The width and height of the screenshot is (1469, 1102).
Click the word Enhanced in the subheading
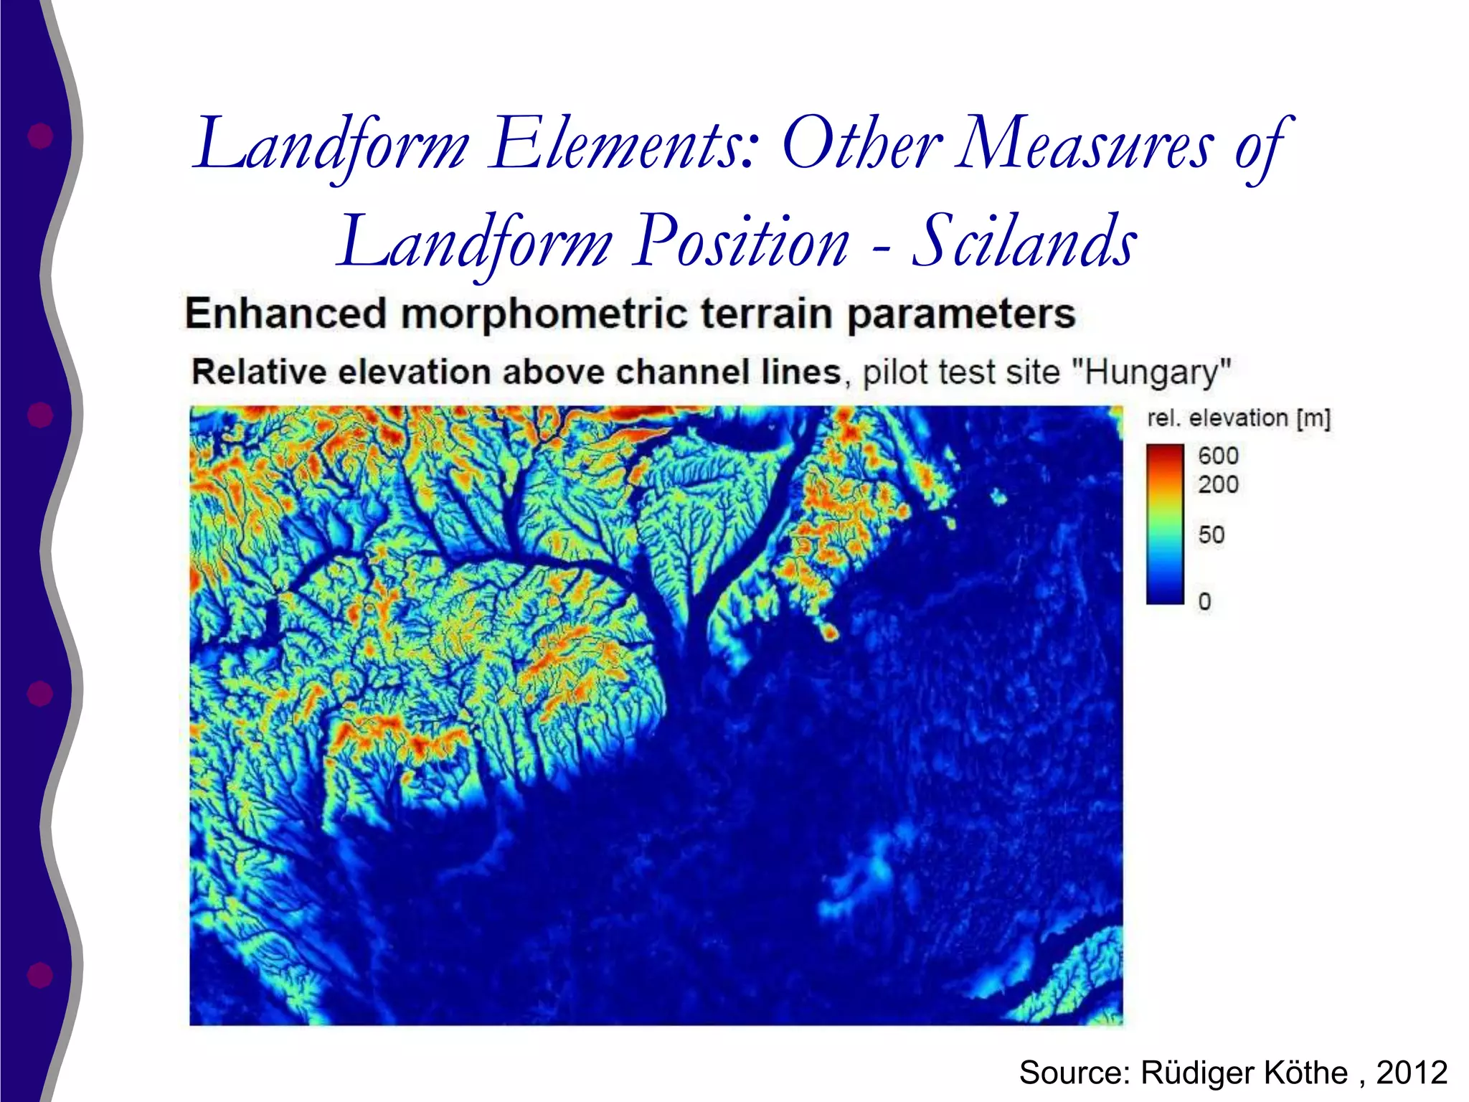click(x=285, y=314)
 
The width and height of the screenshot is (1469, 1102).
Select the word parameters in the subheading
click(x=960, y=315)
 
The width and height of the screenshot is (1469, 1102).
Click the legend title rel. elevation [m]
click(x=1238, y=418)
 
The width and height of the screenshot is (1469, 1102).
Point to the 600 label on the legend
click(x=1218, y=456)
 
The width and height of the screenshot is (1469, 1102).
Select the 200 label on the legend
click(x=1218, y=484)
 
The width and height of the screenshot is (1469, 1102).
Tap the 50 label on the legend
click(x=1211, y=534)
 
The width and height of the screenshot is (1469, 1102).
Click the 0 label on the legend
click(x=1204, y=601)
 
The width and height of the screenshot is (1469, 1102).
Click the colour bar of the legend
click(x=1165, y=524)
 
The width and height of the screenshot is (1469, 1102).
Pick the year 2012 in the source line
click(x=1412, y=1073)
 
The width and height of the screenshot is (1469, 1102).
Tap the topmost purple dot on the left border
click(x=40, y=135)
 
